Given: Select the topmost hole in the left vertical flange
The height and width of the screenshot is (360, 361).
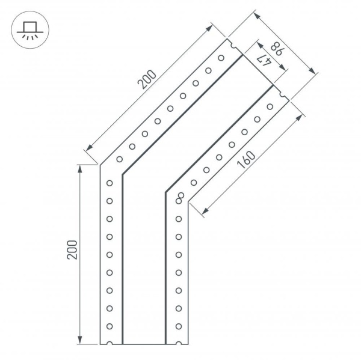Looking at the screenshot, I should coord(110,183).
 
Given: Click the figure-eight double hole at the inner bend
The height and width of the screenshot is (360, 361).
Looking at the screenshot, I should coord(180,197).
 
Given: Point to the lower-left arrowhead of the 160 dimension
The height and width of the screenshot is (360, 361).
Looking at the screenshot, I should coord(205,212).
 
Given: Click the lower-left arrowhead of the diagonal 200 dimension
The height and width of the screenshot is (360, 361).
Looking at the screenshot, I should coord(88,148).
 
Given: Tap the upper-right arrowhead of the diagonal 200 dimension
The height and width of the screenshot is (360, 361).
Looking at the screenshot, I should coord(211,26).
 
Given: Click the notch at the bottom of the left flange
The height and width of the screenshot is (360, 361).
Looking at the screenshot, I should coord(110,344).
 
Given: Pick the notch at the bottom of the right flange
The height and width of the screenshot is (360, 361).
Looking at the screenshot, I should coord(179,344).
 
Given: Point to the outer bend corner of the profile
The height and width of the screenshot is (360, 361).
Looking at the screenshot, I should coord(100,164).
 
